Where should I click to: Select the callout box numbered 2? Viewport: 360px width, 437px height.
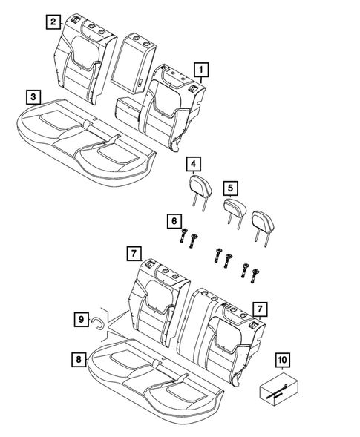click(52, 22)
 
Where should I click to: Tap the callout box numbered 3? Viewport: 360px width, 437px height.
click(32, 96)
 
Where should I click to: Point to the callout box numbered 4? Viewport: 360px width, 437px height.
click(194, 164)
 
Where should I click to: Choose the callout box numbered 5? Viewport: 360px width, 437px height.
click(231, 188)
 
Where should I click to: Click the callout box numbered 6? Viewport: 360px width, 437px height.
click(174, 220)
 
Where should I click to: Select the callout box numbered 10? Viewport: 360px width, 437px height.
click(281, 361)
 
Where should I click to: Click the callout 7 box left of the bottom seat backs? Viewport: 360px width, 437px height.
click(131, 254)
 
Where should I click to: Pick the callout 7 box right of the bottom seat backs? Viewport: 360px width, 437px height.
click(259, 307)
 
